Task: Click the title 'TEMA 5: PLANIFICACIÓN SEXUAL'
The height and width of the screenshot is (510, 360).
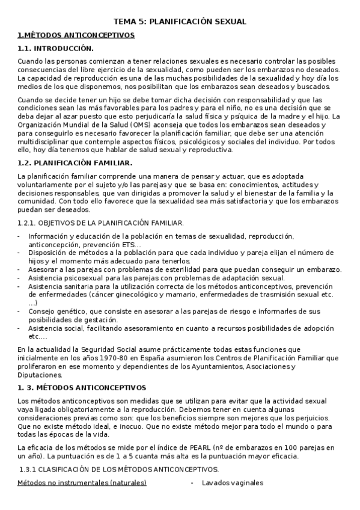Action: point(180,22)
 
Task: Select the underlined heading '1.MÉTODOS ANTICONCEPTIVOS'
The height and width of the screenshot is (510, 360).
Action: point(76,35)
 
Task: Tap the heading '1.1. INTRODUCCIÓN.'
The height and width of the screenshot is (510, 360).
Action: point(55,48)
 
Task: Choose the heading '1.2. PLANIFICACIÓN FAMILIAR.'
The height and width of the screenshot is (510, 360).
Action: point(75,163)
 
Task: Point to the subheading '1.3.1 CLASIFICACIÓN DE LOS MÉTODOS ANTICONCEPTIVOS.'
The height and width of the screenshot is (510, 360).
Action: point(120,470)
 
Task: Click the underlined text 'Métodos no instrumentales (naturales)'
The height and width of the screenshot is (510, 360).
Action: point(82,483)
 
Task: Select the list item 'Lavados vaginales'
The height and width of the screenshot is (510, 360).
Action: point(232,483)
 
